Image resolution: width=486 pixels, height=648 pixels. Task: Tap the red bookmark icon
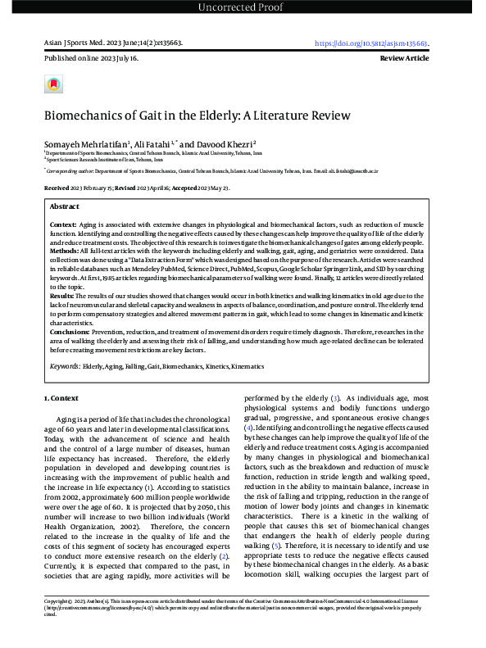coord(53,84)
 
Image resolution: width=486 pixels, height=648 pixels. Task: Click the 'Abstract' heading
coord(65,207)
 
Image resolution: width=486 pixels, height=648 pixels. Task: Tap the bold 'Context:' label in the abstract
coord(63,223)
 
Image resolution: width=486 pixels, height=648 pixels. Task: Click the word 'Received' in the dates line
coord(57,188)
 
